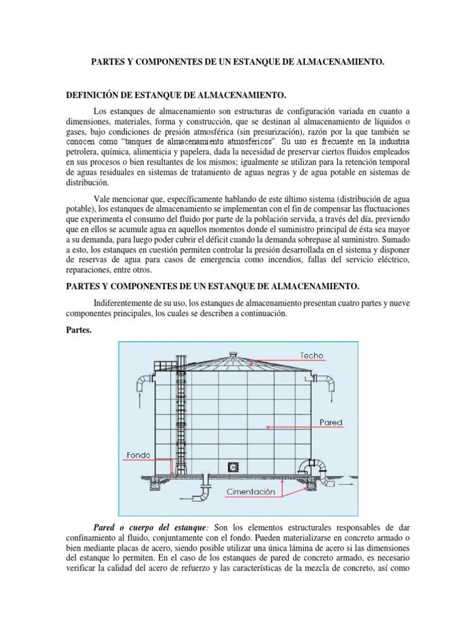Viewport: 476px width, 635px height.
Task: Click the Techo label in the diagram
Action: [x=311, y=356]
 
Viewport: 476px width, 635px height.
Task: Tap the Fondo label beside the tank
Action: [x=139, y=455]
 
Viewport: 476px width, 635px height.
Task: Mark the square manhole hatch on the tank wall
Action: [x=234, y=466]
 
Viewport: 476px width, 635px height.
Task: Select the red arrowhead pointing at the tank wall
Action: [x=267, y=426]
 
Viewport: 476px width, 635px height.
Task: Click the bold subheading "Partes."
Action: [x=78, y=330]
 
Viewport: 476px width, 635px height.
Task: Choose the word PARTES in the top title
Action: [x=108, y=62]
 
